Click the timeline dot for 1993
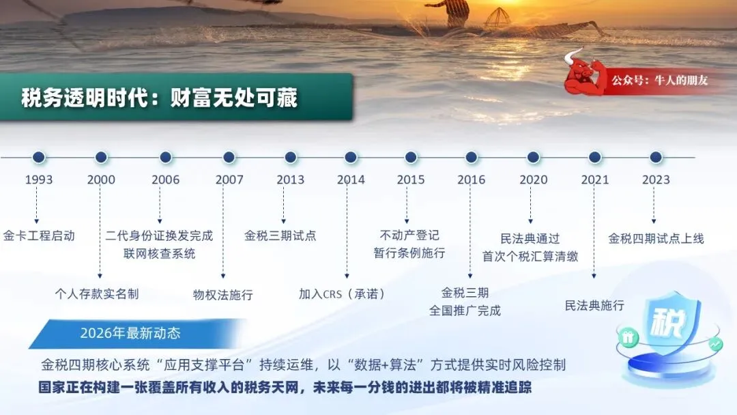point(39,158)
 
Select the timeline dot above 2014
point(351,158)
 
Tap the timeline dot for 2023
point(656,158)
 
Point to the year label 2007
point(229,180)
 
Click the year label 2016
point(471,180)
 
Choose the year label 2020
point(534,180)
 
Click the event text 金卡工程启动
point(39,235)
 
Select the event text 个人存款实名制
point(97,294)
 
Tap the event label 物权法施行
point(222,295)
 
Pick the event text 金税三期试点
point(280,235)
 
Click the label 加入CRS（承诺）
point(342,294)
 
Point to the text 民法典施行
point(594,306)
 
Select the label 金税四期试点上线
point(656,239)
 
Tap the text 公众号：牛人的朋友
point(659,81)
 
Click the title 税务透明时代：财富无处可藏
point(159,98)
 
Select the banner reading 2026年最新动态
point(136,334)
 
